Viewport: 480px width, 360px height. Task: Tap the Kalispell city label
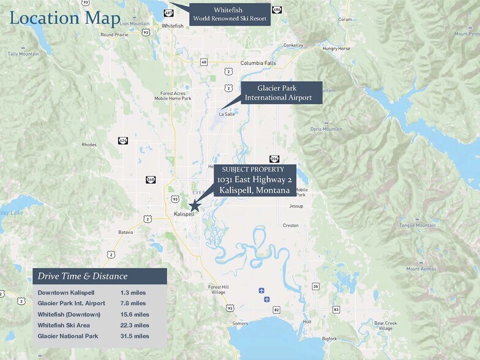pyautogui.click(x=184, y=214)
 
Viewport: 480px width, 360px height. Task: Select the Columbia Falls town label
pyautogui.click(x=258, y=63)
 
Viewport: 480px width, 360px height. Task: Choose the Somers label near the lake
pyautogui.click(x=241, y=323)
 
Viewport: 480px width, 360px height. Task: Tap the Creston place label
pyautogui.click(x=291, y=225)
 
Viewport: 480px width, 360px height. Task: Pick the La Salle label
pyautogui.click(x=227, y=113)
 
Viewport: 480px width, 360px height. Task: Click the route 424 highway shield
pyautogui.click(x=123, y=140)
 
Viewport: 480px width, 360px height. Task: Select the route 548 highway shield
pyautogui.click(x=151, y=179)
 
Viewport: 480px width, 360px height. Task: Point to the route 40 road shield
pyautogui.click(x=204, y=62)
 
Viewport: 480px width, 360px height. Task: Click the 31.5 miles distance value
pyautogui.click(x=135, y=336)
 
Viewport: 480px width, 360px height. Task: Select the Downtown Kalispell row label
pyautogui.click(x=66, y=293)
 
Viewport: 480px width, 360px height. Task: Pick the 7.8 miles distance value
pyautogui.click(x=133, y=303)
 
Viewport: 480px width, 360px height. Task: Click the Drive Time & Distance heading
pyautogui.click(x=83, y=276)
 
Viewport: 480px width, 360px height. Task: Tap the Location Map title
pyautogui.click(x=65, y=18)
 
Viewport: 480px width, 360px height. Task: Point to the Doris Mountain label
pyautogui.click(x=326, y=129)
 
